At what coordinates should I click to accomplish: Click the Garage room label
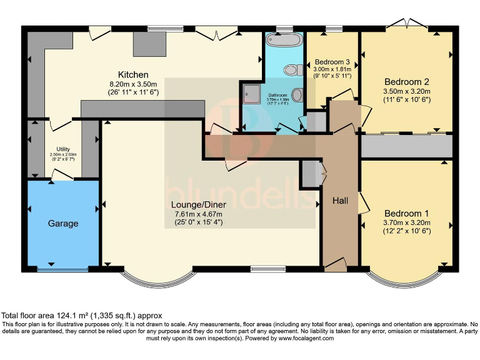point(63,223)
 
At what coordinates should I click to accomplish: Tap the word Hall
point(340,201)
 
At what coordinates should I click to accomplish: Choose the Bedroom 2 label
point(406,81)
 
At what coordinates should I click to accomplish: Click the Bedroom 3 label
point(332,62)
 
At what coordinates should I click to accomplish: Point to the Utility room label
point(63,149)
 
